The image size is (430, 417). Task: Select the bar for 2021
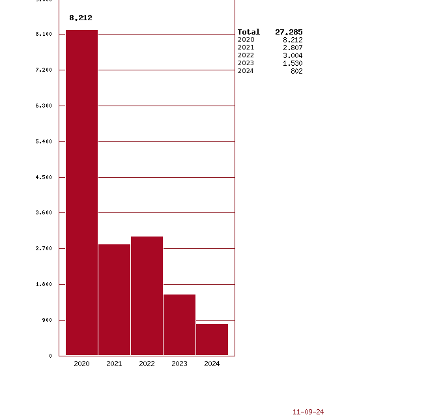114,300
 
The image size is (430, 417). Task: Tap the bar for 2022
147,296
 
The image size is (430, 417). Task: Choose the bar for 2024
212,339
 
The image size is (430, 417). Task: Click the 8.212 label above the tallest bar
81,18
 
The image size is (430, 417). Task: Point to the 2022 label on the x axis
147,364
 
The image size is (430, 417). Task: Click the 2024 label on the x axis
212,364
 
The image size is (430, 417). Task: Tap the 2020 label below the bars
81,364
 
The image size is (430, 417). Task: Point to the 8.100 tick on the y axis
44,34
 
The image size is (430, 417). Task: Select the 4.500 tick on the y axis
44,177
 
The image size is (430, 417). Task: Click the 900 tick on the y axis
46,320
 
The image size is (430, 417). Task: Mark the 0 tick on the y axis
50,356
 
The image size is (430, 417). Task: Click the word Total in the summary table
248,32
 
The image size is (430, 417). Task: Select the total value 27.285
289,32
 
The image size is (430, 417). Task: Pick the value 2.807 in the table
293,48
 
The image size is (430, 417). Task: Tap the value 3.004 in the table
293,55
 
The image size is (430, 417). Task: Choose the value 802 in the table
296,71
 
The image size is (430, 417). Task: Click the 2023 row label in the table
246,63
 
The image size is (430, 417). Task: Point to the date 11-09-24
308,412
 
